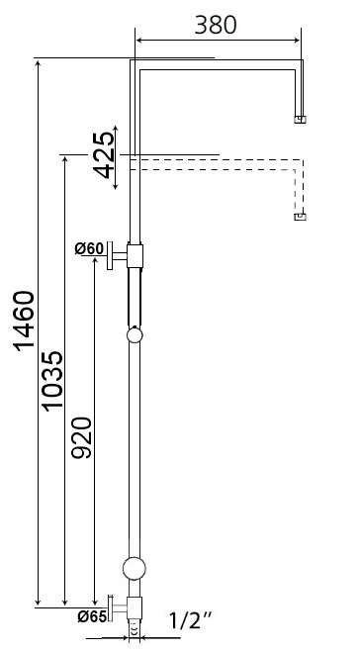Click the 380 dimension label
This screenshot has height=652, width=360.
[215, 24]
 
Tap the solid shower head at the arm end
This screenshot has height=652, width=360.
[301, 120]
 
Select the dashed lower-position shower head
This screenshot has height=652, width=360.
[301, 216]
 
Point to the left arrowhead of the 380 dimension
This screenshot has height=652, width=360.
[139, 41]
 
